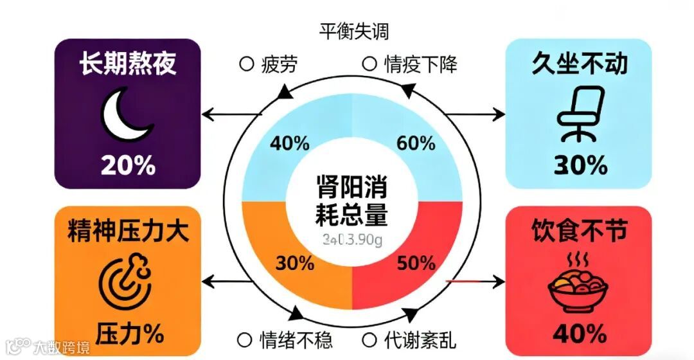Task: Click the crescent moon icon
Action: click(128, 116)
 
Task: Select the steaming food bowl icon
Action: click(578, 287)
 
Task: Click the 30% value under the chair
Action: click(580, 166)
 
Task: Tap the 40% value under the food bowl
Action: click(580, 333)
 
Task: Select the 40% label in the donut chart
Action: click(289, 143)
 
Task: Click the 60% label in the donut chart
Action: click(416, 143)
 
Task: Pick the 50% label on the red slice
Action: click(416, 263)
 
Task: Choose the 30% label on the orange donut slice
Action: click(294, 263)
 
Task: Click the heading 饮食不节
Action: click(580, 231)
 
